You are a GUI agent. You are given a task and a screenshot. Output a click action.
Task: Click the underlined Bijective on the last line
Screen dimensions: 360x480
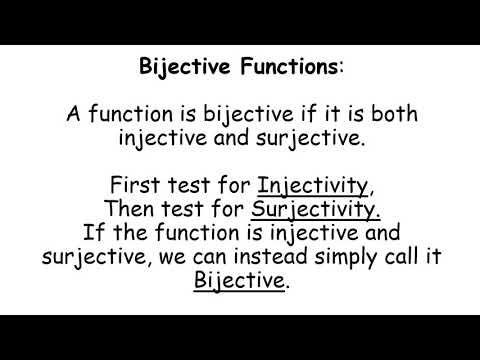coord(239,281)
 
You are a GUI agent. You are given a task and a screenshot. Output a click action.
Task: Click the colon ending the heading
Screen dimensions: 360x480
coord(342,68)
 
